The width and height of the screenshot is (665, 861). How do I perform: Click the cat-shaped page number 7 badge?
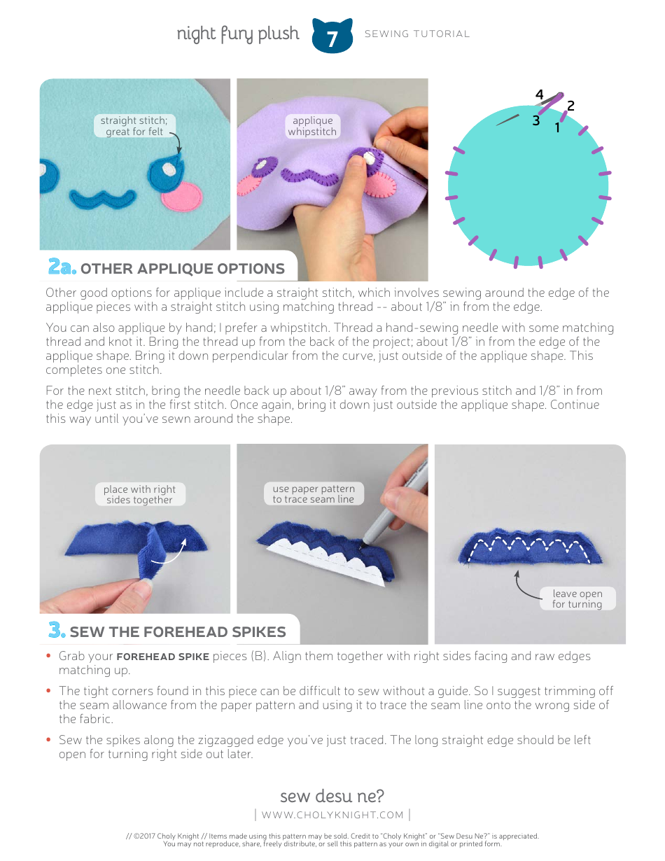(332, 36)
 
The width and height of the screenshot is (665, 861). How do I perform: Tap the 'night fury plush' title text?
(237, 34)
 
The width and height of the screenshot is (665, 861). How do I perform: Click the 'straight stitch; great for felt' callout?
(134, 126)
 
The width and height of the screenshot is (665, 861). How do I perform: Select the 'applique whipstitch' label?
(312, 126)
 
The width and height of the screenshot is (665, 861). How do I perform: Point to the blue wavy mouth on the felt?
(104, 197)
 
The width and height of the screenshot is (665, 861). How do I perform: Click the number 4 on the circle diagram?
(539, 94)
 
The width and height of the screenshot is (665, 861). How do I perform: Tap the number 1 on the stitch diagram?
(558, 128)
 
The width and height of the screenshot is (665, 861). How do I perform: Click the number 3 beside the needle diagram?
(535, 120)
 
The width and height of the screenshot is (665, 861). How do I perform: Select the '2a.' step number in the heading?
(62, 267)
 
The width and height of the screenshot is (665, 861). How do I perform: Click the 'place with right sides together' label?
(139, 494)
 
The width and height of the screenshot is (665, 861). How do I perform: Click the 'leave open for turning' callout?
(577, 598)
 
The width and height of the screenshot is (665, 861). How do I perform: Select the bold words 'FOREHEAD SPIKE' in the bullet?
(162, 657)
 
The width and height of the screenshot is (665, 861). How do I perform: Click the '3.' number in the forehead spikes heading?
(57, 631)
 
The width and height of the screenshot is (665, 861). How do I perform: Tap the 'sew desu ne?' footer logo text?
(332, 796)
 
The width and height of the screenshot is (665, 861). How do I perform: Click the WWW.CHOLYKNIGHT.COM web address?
(332, 815)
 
